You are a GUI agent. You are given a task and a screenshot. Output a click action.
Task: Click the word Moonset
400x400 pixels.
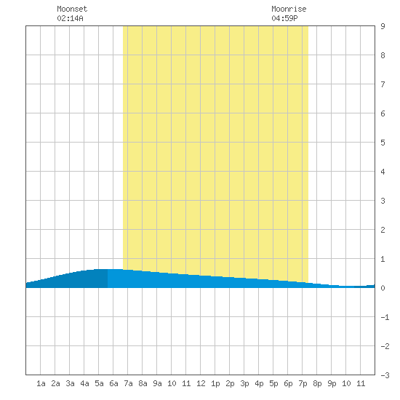tap(72, 9)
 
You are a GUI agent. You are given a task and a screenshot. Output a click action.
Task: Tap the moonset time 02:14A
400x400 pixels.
tap(70, 18)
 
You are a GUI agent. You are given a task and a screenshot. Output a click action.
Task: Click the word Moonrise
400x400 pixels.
tap(289, 9)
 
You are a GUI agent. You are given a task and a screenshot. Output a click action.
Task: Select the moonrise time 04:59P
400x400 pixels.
tap(284, 18)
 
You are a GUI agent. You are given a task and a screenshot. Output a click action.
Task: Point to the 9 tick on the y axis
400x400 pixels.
tap(383, 26)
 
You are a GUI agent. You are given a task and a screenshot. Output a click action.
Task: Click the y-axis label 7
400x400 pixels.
tap(383, 84)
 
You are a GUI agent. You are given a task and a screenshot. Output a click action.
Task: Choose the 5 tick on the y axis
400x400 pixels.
tap(383, 143)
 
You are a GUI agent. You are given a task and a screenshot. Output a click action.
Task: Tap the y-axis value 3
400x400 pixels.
tap(383, 201)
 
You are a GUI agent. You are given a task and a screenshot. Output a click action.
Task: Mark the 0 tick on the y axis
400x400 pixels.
tap(383, 288)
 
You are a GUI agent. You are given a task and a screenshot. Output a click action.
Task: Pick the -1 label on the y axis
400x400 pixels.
tap(385, 317)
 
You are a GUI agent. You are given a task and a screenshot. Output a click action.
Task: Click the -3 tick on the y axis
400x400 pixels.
tap(385, 375)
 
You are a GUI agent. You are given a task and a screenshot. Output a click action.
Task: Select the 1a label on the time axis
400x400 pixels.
tap(41, 383)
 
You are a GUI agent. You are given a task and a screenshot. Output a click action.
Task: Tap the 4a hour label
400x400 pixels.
tap(84, 383)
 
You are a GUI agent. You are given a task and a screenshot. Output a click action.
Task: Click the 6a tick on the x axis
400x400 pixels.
tap(113, 383)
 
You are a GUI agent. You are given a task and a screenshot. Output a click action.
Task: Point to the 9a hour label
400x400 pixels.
tap(157, 383)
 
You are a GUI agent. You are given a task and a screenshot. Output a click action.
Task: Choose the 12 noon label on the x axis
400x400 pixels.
tap(201, 383)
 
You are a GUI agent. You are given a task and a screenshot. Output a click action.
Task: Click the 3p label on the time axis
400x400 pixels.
tap(244, 383)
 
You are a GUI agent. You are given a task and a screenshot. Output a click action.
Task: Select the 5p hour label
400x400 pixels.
tap(273, 383)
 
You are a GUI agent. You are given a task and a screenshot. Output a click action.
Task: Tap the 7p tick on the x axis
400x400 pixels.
tap(303, 383)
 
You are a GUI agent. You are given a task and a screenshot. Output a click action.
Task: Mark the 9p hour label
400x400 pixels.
tap(332, 383)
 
